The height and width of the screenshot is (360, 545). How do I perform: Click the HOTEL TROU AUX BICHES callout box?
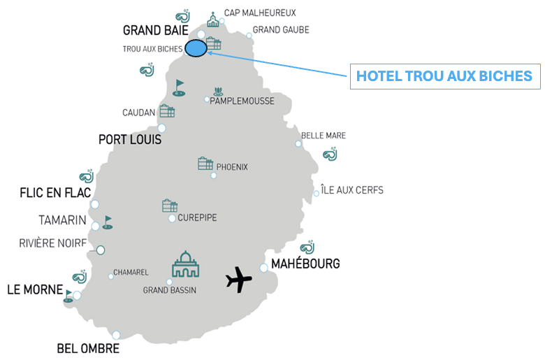tap(444, 76)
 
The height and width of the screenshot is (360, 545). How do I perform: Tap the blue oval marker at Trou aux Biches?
tap(196, 48)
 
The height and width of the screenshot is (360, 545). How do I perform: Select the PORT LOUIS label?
tap(130, 140)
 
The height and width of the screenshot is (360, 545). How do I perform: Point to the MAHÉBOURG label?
tap(305, 264)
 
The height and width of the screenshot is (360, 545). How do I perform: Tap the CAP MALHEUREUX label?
tap(260, 13)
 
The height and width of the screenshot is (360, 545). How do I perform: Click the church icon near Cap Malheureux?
tap(213, 19)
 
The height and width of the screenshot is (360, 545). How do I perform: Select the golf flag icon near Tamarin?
tap(107, 222)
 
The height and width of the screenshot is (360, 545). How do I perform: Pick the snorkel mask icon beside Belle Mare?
tap(330, 154)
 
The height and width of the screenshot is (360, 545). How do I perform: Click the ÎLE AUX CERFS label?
tap(351, 190)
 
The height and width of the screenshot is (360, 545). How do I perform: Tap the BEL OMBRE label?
tap(88, 349)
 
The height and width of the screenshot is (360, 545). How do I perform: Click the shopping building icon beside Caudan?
tap(167, 111)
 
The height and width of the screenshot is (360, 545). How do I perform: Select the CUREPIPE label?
tap(197, 218)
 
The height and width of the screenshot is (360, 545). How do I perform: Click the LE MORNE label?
tap(34, 289)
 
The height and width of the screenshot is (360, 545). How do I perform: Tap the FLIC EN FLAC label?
tap(55, 193)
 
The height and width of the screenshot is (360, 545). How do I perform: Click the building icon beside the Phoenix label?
tap(205, 164)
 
